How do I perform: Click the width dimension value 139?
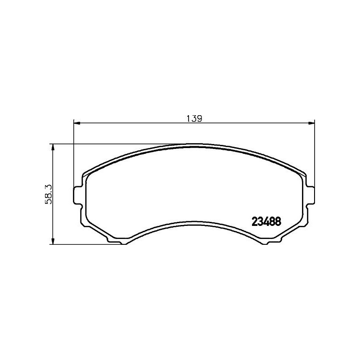[193, 119]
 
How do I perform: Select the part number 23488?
[265, 221]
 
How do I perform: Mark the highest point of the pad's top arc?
[193, 144]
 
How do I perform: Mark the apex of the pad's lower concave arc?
[193, 220]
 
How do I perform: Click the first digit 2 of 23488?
[252, 221]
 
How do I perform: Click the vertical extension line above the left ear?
[73, 153]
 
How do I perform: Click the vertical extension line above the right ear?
[314, 153]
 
